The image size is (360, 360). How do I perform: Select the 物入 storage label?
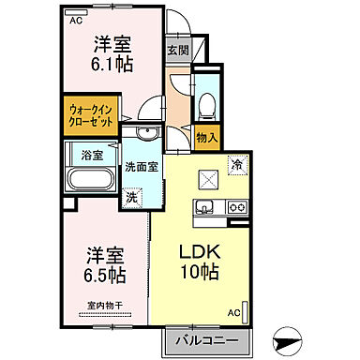(x=207, y=139)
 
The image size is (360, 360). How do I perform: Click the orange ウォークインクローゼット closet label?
(x=90, y=118)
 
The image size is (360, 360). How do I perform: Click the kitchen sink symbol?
(x=208, y=206)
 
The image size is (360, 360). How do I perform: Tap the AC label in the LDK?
(x=233, y=311)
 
